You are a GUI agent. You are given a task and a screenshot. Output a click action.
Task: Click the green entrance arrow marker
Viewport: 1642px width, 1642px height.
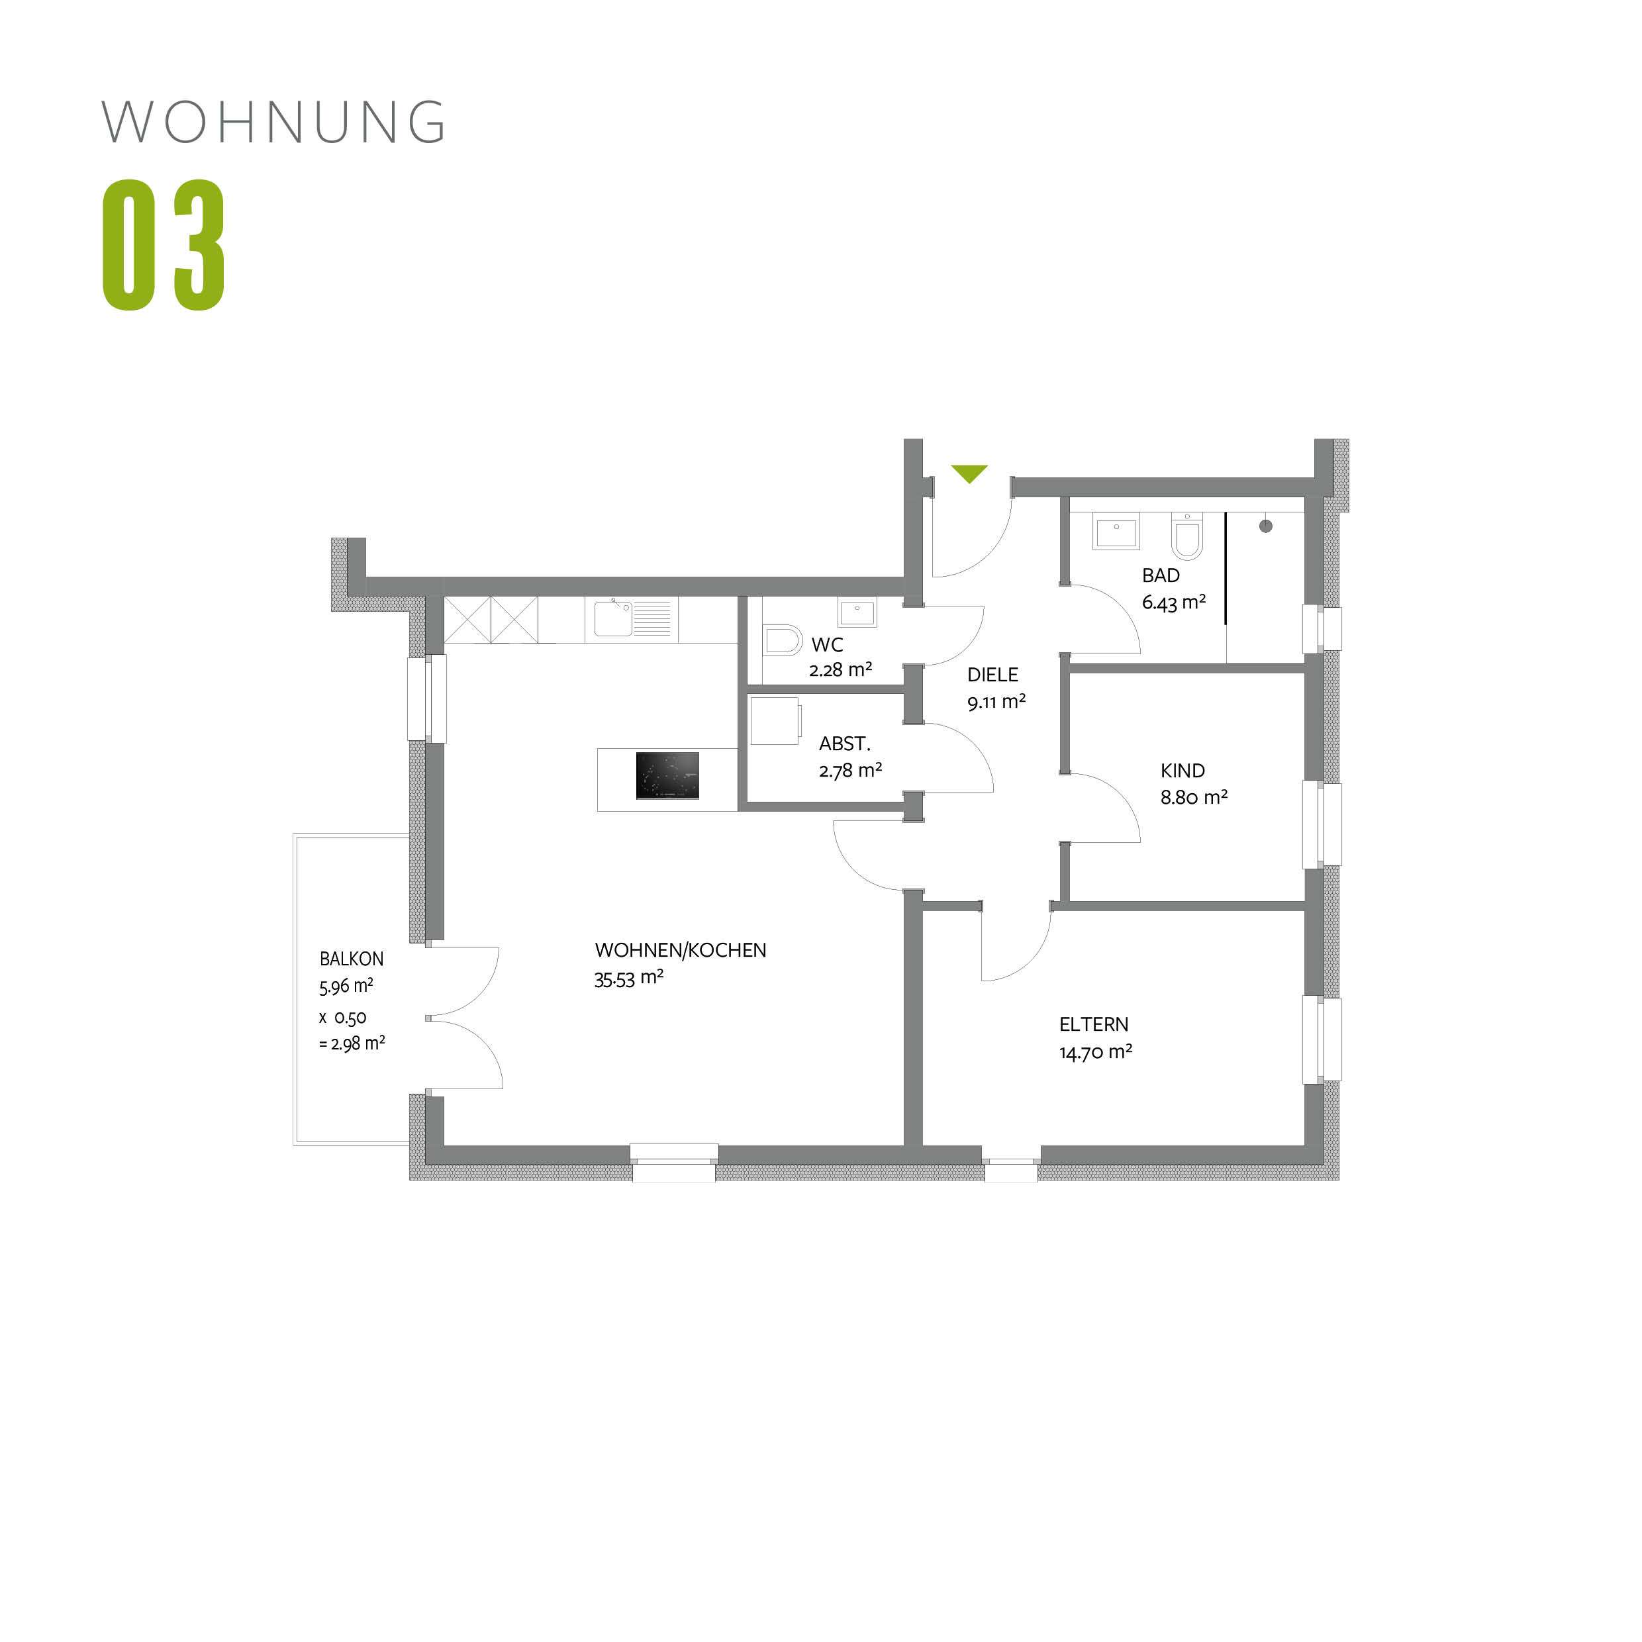pos(969,473)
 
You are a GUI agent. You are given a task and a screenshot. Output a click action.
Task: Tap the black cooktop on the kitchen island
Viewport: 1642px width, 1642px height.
pos(667,775)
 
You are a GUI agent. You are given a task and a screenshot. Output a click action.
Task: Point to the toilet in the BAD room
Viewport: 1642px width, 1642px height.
pos(1187,537)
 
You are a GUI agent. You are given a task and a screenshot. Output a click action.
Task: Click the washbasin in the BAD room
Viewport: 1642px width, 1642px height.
pos(1116,532)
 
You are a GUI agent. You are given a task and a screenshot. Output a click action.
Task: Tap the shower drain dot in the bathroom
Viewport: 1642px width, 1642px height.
pos(1265,526)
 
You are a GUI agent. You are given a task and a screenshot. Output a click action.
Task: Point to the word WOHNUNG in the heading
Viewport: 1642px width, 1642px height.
pos(273,122)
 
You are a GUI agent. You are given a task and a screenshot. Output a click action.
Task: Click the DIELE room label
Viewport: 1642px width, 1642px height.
pos(992,675)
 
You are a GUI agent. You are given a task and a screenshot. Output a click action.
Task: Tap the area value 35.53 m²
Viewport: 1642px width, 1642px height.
pos(629,978)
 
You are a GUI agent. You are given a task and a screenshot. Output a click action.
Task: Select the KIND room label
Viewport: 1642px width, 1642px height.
pos(1183,771)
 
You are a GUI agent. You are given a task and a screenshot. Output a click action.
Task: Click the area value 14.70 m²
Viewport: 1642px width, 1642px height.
pos(1096,1052)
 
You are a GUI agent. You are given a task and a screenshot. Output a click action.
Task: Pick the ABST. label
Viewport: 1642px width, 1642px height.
pos(844,744)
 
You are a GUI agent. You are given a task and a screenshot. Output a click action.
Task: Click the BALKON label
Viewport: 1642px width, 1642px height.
pos(351,959)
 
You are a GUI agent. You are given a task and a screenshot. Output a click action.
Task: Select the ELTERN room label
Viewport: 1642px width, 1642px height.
pos(1094,1024)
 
